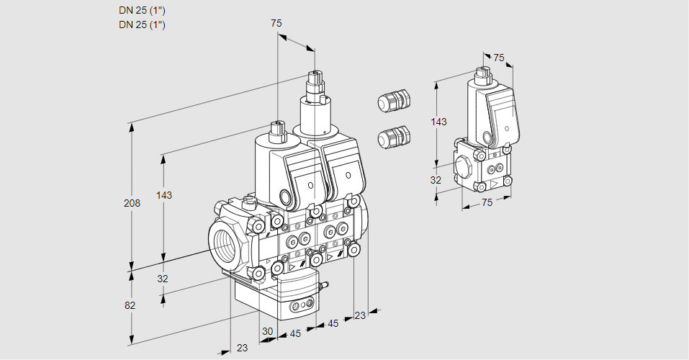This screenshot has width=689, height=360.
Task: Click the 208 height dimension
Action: tap(132, 203)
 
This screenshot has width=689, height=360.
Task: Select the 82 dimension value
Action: tap(130, 305)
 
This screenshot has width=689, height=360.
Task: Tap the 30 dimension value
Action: tap(268, 331)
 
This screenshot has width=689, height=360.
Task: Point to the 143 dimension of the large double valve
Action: tap(164, 195)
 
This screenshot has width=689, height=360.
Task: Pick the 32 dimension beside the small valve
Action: tap(436, 180)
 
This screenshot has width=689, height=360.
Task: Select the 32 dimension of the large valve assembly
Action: tap(162, 279)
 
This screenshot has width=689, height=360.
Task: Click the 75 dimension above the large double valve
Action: tap(276, 23)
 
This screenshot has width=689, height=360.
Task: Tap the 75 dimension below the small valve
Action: tap(487, 203)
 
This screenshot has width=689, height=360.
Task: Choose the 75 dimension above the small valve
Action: tap(498, 58)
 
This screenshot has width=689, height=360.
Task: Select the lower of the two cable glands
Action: tap(393, 135)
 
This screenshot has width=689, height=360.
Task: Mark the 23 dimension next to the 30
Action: tap(242, 348)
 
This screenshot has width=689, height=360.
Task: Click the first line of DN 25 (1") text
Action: tap(142, 11)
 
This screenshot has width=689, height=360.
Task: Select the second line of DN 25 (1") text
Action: tap(142, 25)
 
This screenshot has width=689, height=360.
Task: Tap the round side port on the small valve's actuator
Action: tap(488, 138)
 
